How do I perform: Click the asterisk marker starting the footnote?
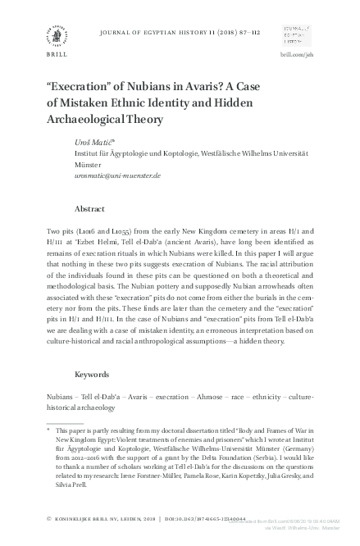click(x=48, y=428)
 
